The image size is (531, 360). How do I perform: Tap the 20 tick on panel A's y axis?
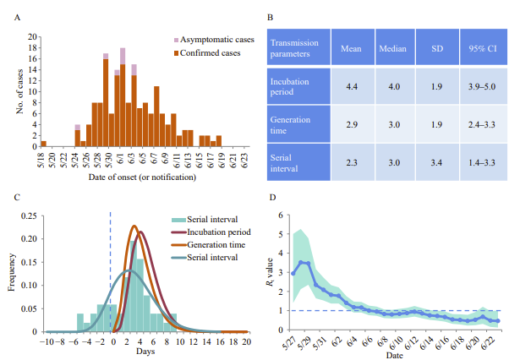pos(33,37)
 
